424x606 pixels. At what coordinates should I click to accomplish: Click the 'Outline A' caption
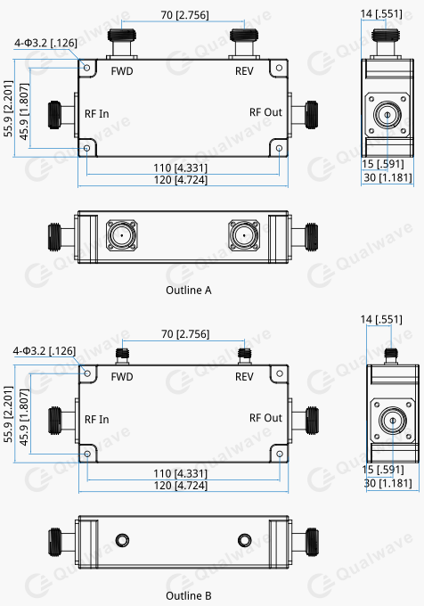coord(189,291)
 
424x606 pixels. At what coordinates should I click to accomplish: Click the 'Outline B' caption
coord(189,595)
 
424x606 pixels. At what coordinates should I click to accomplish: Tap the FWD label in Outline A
coord(122,71)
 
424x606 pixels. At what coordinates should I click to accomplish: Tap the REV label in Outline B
coord(244,376)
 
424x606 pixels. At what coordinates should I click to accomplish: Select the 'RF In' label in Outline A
coord(97,113)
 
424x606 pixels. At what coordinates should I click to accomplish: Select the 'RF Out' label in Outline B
coord(265,418)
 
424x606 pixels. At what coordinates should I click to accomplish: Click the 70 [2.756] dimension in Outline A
coord(182,15)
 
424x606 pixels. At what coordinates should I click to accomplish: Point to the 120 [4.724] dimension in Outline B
coord(182,484)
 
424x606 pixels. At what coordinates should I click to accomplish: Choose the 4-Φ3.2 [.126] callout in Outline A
coord(45,43)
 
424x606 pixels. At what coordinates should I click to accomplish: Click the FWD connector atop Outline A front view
coord(121,40)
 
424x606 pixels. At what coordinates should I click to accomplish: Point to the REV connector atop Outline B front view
coord(243,355)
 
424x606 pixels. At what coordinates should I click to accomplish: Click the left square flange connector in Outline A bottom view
coord(121,236)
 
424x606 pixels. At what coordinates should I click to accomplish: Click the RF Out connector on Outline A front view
coord(310,113)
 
